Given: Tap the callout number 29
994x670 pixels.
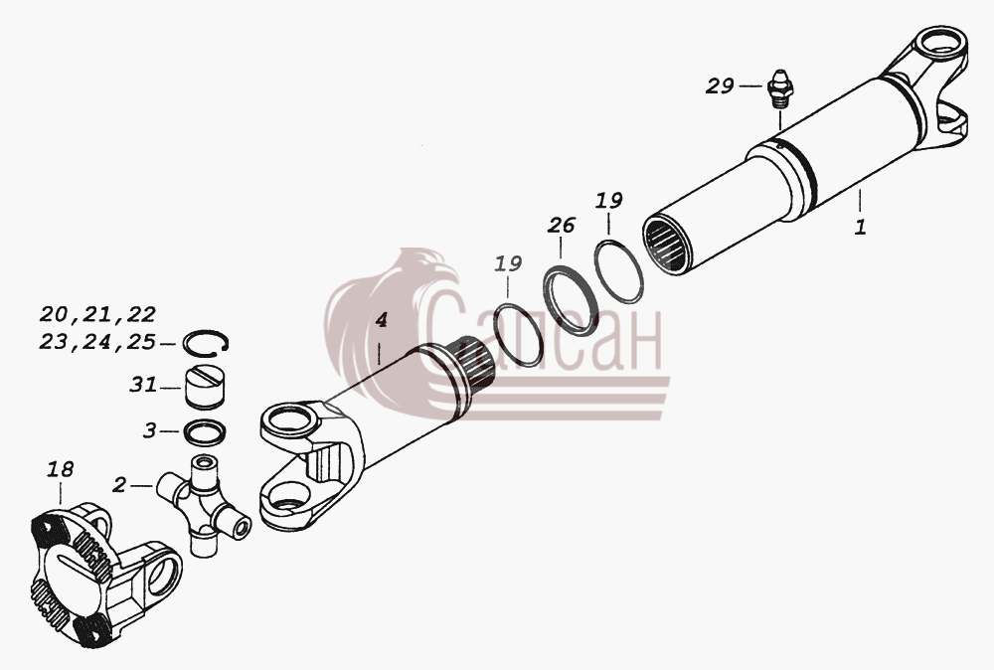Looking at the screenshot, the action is pyautogui.click(x=720, y=85).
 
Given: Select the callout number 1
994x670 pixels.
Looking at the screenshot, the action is pyautogui.click(x=860, y=227).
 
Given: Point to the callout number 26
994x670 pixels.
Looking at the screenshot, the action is pyautogui.click(x=562, y=225).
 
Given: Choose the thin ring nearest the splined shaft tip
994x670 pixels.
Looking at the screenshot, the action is pyautogui.click(x=518, y=335).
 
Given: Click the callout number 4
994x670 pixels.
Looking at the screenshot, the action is pyautogui.click(x=381, y=320).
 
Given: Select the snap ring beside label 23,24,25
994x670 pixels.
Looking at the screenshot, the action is pyautogui.click(x=206, y=342).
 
